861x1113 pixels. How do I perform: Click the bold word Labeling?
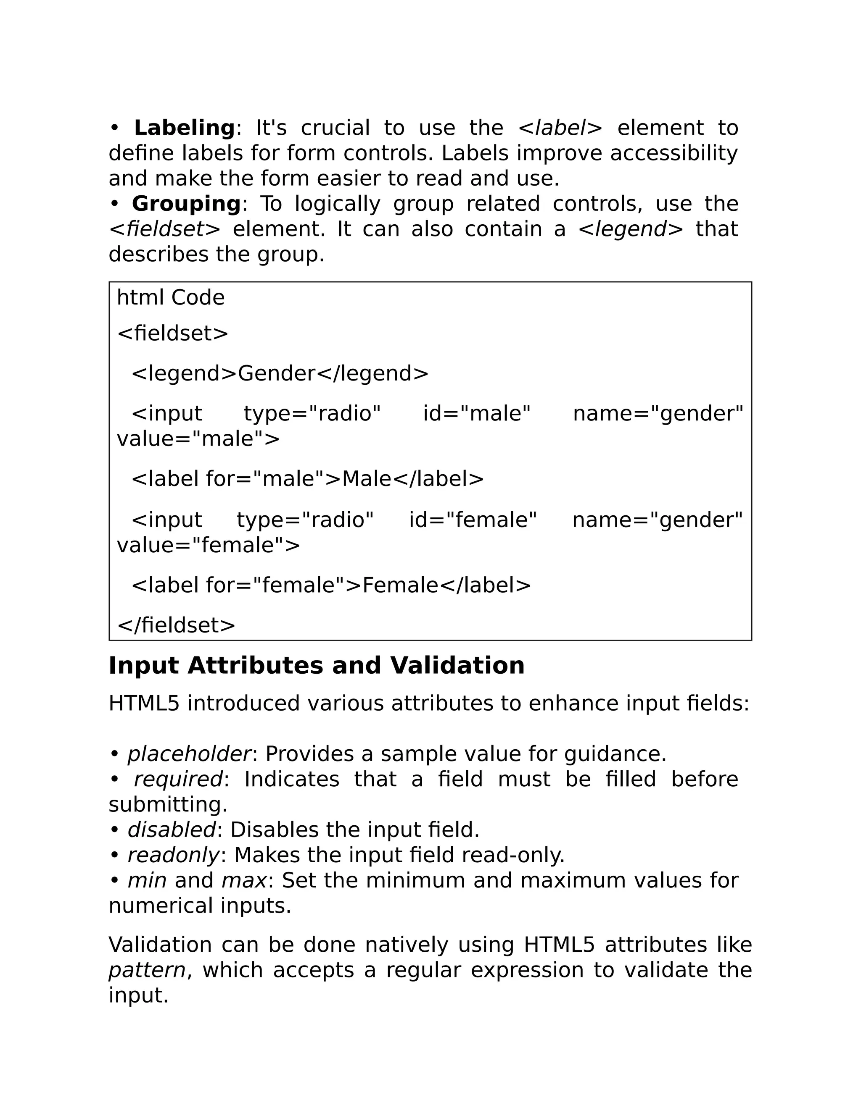184,128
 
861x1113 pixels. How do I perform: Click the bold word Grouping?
186,204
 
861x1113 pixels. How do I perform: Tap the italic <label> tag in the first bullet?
560,128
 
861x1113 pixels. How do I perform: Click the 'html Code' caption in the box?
170,298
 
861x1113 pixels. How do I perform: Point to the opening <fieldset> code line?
172,334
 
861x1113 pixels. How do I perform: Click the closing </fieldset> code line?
176,625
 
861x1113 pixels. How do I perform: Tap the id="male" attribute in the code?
477,413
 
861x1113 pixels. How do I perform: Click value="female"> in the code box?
208,545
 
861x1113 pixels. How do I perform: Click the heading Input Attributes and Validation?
316,666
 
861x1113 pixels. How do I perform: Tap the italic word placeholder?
189,754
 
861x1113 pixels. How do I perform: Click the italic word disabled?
172,830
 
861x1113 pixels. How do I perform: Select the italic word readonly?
174,856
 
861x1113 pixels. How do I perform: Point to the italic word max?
244,881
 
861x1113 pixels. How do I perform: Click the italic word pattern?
147,970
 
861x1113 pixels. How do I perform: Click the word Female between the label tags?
400,585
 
